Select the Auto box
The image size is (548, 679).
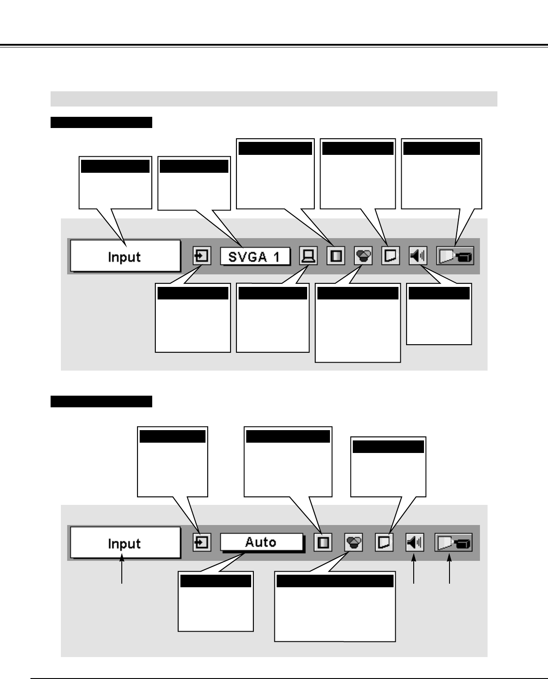(x=261, y=542)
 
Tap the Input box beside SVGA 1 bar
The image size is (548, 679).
(x=125, y=256)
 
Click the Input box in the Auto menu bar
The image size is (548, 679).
(x=125, y=543)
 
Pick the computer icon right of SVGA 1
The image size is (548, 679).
(x=308, y=256)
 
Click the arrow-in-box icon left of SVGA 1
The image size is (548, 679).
(x=202, y=256)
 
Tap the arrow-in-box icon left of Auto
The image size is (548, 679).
(x=202, y=543)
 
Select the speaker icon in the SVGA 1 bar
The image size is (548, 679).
(x=418, y=256)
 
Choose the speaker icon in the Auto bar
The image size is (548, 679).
(x=415, y=543)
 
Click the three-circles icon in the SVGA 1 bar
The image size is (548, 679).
(x=363, y=256)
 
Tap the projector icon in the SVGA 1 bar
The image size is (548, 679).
(x=455, y=256)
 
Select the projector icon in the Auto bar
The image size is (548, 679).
(x=453, y=543)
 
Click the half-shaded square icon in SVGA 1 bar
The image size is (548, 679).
(x=335, y=256)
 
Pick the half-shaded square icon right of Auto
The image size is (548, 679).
(x=323, y=543)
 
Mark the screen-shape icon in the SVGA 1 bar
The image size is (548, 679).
(x=390, y=256)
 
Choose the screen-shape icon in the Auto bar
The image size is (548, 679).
(x=384, y=543)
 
